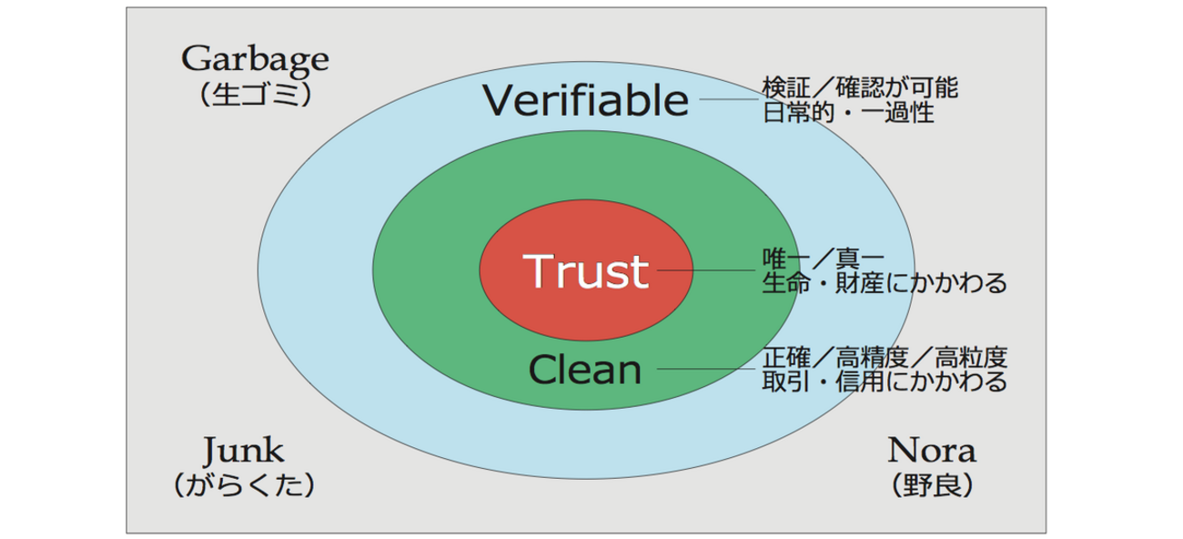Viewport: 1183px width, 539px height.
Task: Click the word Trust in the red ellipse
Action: (x=586, y=270)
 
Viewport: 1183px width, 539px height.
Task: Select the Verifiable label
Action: (x=585, y=100)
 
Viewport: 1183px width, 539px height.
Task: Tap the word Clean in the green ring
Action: (x=585, y=370)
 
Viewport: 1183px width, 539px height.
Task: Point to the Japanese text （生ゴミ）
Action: (x=255, y=96)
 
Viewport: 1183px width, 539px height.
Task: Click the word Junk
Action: (x=244, y=450)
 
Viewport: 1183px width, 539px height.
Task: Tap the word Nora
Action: (x=931, y=450)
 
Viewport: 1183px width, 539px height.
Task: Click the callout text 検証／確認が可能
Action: (x=859, y=88)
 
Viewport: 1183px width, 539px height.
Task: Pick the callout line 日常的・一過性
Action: (x=847, y=114)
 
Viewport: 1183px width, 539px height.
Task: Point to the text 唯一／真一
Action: (x=823, y=258)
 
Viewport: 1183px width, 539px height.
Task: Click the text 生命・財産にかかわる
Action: (x=884, y=283)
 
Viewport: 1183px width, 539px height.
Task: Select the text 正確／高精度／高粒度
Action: (x=884, y=356)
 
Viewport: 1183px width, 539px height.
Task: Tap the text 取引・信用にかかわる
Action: (x=884, y=381)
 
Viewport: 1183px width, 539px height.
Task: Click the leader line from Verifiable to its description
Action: (x=729, y=99)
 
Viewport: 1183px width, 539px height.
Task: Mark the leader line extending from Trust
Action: (x=705, y=270)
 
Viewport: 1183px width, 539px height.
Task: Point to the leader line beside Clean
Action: (x=705, y=369)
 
